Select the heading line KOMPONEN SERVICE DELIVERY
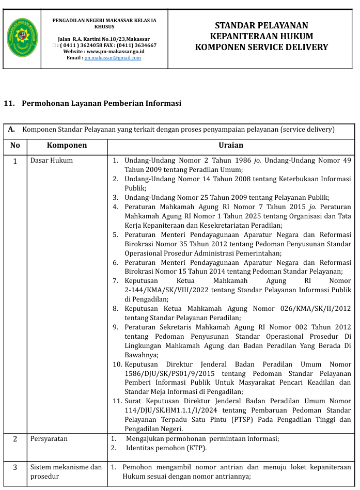(261, 47)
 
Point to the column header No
(15, 146)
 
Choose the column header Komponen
(67, 146)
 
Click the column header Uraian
(230, 146)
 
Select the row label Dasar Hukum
(52, 161)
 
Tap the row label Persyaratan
(49, 439)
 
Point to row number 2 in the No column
(15, 439)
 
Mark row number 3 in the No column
(15, 467)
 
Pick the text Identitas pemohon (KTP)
(166, 448)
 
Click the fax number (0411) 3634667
(135, 45)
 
